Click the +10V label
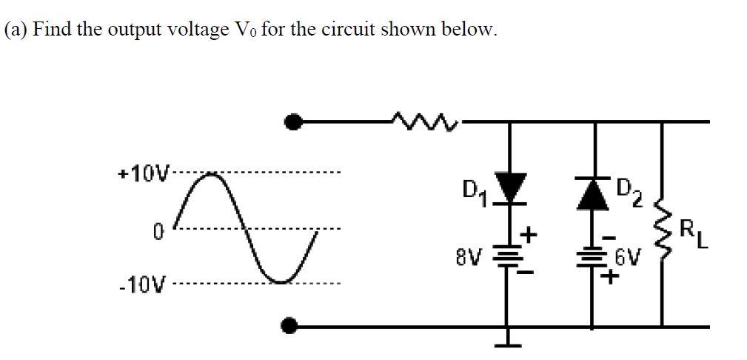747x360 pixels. (144, 175)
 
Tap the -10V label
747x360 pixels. (143, 284)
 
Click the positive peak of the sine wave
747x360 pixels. (212, 175)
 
